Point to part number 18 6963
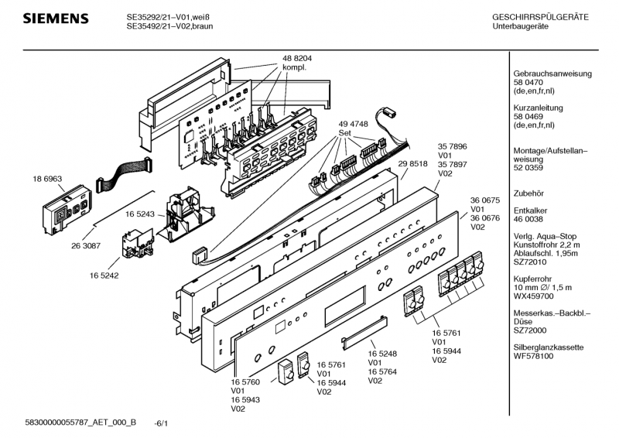(47, 179)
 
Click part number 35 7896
(453, 146)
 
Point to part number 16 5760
(245, 382)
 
